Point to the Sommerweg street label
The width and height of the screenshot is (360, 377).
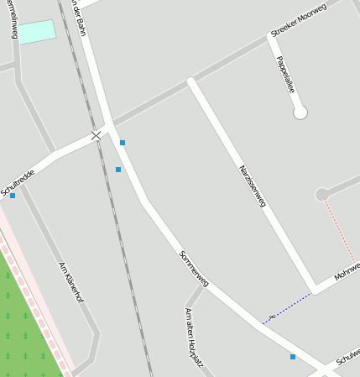[194, 268]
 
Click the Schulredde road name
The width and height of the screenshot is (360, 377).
[18, 182]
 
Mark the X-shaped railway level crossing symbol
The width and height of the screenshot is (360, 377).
[97, 134]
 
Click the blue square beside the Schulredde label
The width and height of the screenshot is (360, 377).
[13, 196]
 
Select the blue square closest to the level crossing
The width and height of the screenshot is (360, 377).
[123, 143]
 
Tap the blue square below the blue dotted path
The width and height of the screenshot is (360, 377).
[293, 357]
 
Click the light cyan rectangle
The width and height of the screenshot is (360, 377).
[37, 32]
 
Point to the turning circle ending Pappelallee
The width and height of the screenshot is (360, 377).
[300, 113]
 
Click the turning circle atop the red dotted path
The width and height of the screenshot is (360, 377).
[321, 195]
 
